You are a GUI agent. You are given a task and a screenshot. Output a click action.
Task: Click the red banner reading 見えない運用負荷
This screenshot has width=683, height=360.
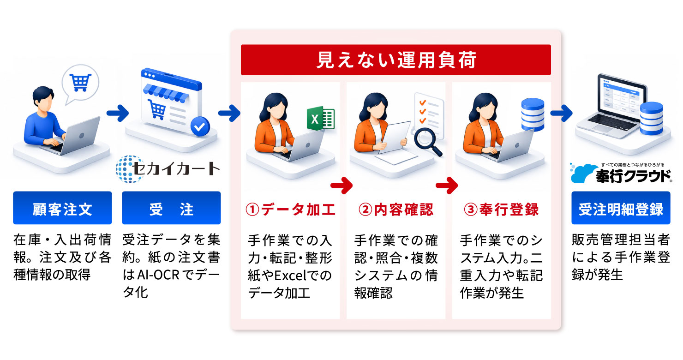[x=396, y=60]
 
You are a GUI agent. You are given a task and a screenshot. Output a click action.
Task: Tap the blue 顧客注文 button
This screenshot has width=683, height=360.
[x=62, y=208]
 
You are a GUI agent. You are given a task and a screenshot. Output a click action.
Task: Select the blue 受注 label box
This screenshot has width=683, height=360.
[x=171, y=208]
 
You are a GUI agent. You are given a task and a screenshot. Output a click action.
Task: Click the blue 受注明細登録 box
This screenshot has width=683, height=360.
[x=621, y=208]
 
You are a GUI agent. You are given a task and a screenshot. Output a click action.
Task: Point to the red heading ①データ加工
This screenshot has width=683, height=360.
[x=291, y=210]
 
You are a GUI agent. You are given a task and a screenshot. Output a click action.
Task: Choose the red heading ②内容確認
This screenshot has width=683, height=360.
[x=396, y=210]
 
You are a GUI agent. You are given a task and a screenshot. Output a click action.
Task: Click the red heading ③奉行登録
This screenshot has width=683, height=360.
[x=501, y=210]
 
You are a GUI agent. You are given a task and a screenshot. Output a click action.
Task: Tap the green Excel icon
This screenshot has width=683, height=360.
[x=320, y=118]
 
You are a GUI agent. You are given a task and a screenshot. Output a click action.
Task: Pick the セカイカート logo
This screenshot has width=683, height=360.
[x=168, y=168]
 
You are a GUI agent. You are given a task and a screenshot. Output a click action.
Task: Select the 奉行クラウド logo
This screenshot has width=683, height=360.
[x=621, y=174]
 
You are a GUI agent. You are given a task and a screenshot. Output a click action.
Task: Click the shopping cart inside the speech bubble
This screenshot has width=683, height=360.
[x=80, y=82]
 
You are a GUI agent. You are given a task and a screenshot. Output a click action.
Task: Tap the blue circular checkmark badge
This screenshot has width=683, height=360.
[x=200, y=126]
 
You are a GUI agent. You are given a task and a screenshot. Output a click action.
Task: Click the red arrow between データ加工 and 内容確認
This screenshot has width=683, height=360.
[x=341, y=185]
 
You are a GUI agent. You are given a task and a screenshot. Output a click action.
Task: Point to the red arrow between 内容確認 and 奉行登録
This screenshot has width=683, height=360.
[x=447, y=185]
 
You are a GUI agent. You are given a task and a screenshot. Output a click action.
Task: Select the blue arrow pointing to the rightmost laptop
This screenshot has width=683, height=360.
[x=561, y=113]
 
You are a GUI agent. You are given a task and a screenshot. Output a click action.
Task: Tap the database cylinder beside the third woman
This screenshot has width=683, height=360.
[x=533, y=114]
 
